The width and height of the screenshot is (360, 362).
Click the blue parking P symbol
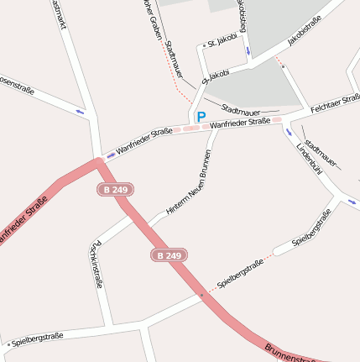201,118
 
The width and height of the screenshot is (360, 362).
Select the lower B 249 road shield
169,254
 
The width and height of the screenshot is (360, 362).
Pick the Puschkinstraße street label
95,264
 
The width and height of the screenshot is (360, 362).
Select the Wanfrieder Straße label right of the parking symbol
240,123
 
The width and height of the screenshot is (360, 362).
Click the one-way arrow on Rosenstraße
81,111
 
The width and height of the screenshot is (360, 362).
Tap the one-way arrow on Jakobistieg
248,52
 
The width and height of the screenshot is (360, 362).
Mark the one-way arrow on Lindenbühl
288,132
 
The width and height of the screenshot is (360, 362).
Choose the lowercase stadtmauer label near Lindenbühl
321,151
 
